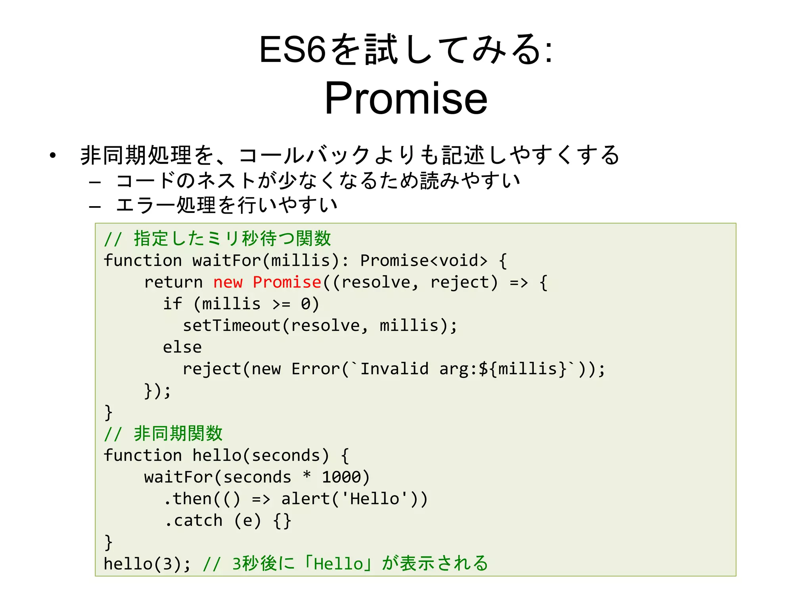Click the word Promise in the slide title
tap(406, 98)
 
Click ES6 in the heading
tap(292, 50)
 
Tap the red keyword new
tap(228, 282)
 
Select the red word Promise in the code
tap(287, 282)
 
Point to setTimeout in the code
tap(232, 326)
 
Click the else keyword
tap(182, 347)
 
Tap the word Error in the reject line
tap(316, 369)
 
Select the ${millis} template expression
tap(523, 369)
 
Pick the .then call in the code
tap(188, 499)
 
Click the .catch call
tap(193, 521)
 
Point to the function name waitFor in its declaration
tap(227, 260)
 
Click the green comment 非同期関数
tap(178, 433)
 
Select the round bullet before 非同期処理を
tap(53, 155)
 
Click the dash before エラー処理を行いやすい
tap(95, 207)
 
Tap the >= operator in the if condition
tap(281, 304)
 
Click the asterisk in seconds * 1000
tap(306, 475)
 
